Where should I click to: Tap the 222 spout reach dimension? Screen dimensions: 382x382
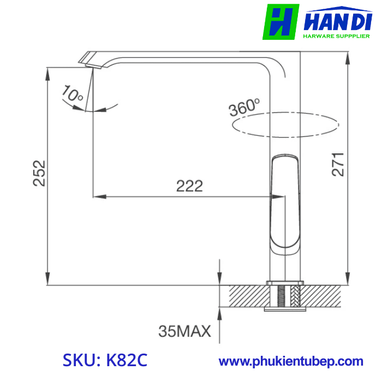tap(189, 186)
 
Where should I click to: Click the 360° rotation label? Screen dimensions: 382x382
tap(244, 107)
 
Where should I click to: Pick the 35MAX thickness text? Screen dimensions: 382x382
tap(184, 331)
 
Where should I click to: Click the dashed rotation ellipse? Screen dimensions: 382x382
tap(285, 126)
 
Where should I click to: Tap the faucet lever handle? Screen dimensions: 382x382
tap(285, 199)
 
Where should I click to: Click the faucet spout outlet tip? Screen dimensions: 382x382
tap(91, 63)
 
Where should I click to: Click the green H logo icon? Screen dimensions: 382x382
tap(280, 22)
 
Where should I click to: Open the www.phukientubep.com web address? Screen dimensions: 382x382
tap(291, 361)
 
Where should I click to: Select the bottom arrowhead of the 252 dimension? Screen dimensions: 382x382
tap(48, 280)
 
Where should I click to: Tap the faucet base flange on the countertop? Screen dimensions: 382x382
tap(284, 283)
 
